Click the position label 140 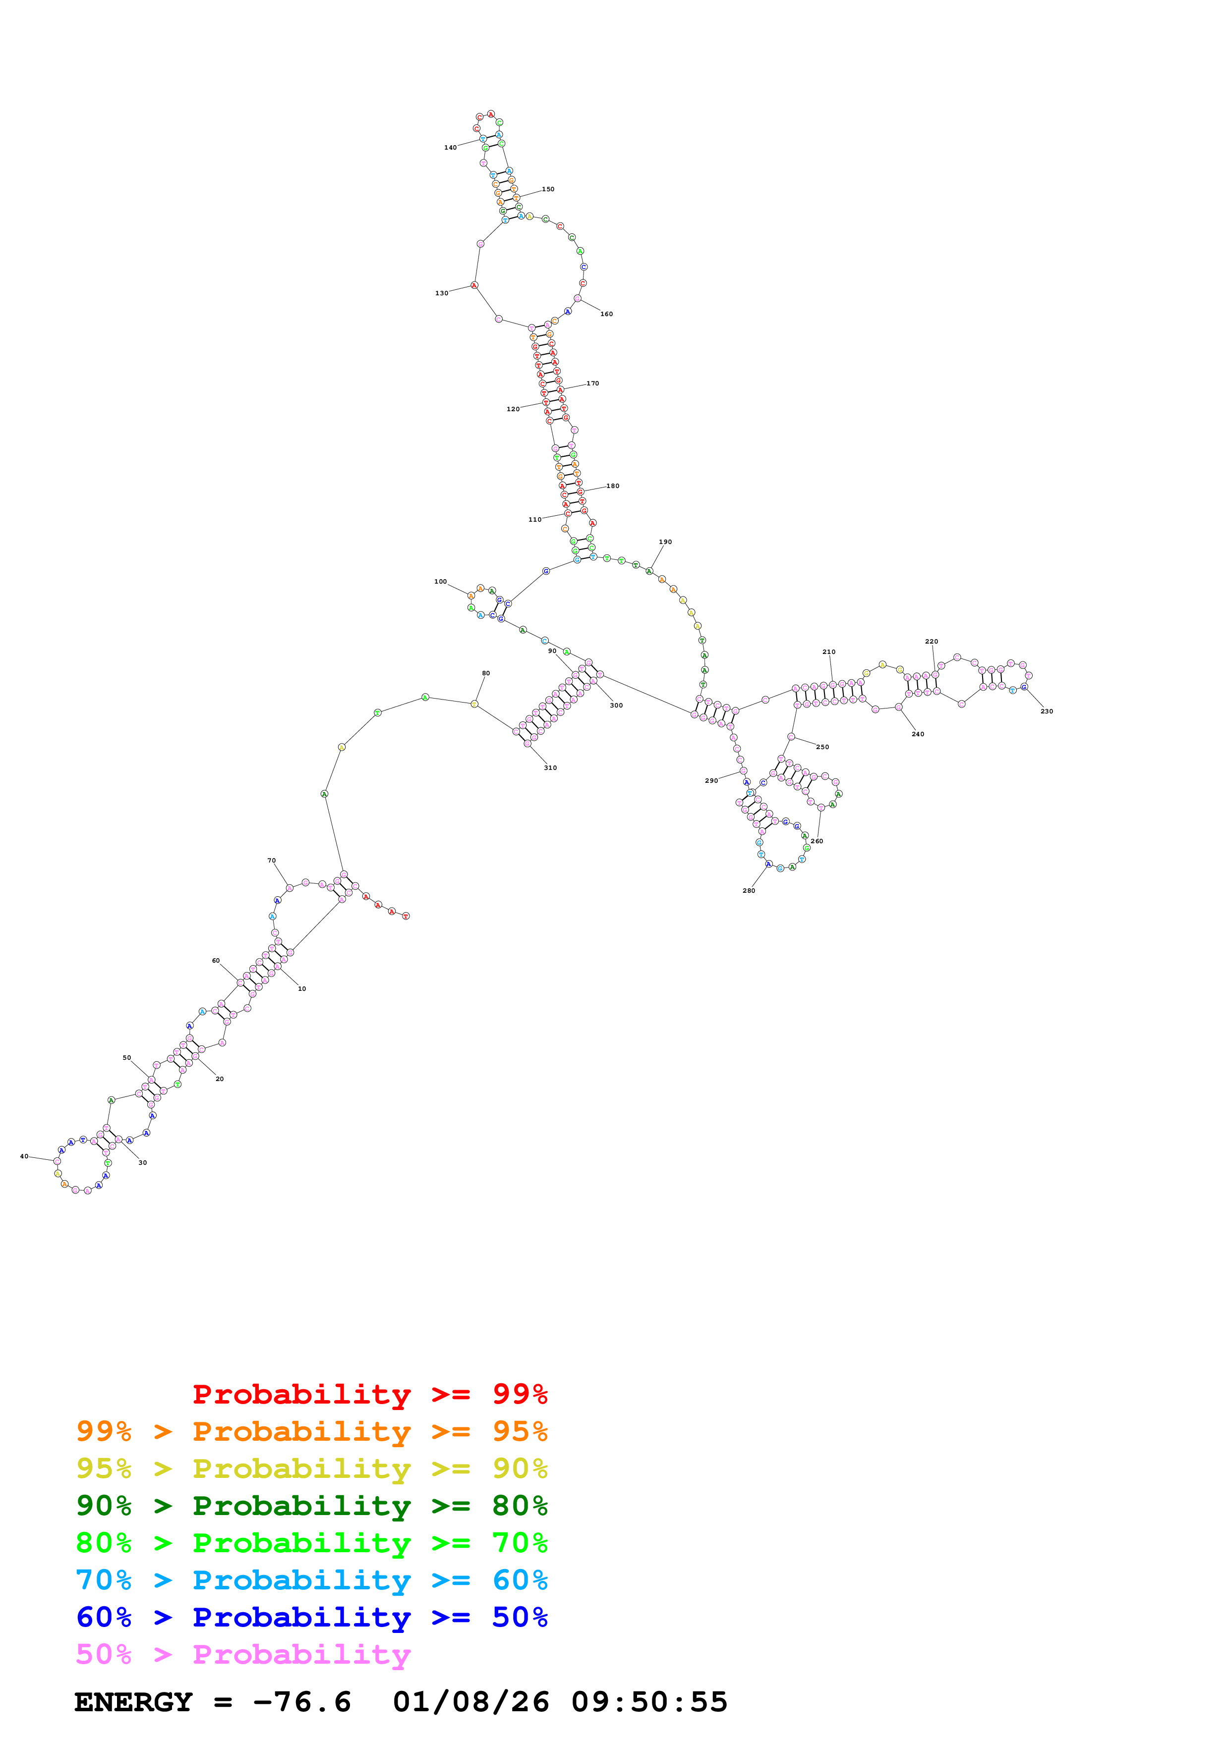[x=450, y=148]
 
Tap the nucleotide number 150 [x=547, y=189]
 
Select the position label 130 [x=441, y=293]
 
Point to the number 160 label [x=606, y=314]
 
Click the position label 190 [x=665, y=542]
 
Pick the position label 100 [x=440, y=581]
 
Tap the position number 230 [x=1047, y=711]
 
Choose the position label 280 [x=748, y=890]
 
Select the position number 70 [x=271, y=861]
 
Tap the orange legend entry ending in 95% [x=311, y=1431]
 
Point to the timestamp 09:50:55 [x=649, y=1702]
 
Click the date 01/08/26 [x=470, y=1702]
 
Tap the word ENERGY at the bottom [x=133, y=1702]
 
